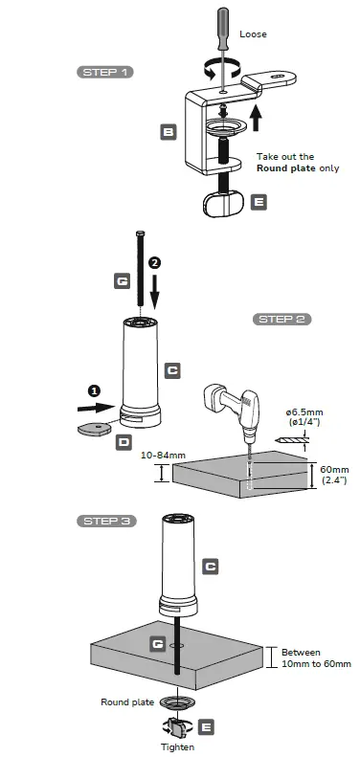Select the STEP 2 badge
pyautogui.click(x=281, y=319)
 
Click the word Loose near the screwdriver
pyautogui.click(x=255, y=34)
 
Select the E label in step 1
pyautogui.click(x=258, y=202)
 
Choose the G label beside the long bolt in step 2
pyautogui.click(x=122, y=281)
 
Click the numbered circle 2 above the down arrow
pyautogui.click(x=155, y=261)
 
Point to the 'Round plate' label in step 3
pyautogui.click(x=127, y=701)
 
